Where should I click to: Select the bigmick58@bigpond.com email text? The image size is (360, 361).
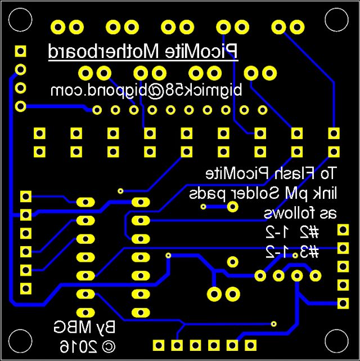146,90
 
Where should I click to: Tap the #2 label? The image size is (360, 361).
308,231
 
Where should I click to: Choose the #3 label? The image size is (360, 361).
308,251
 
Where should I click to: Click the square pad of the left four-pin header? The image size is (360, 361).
21,52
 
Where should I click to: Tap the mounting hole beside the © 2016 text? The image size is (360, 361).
19,342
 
